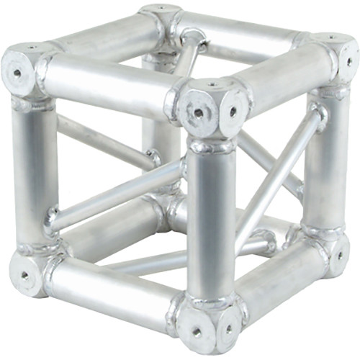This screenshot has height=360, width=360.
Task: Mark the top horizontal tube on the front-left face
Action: click(108, 86)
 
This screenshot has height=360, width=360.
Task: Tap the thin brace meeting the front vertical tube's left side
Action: click(115, 191)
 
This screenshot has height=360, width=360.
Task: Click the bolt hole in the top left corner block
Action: click(16, 72)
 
